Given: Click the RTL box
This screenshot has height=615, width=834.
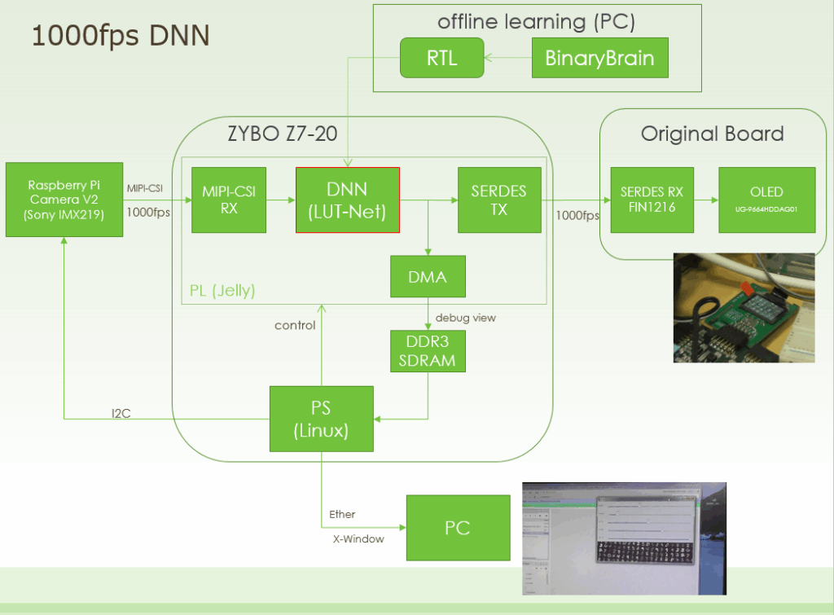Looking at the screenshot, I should pyautogui.click(x=442, y=58).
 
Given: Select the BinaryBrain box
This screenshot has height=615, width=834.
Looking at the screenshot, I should pyautogui.click(x=599, y=58).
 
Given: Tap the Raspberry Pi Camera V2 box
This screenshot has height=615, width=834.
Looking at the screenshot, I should pyautogui.click(x=64, y=200).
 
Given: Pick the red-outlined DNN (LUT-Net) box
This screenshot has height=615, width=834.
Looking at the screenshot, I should pyautogui.click(x=347, y=200).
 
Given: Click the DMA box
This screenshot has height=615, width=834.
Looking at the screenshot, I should pyautogui.click(x=428, y=277).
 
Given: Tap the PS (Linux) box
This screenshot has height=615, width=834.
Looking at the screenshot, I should pyautogui.click(x=321, y=419).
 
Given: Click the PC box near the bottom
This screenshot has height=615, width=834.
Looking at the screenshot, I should pyautogui.click(x=457, y=528).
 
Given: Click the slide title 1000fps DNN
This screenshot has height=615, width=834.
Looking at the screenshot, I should pyautogui.click(x=120, y=35).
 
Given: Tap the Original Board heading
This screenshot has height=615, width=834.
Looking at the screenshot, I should pyautogui.click(x=712, y=134).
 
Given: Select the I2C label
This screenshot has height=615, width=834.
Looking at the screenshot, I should pyautogui.click(x=121, y=414).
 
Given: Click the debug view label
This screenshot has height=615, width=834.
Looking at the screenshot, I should pyautogui.click(x=465, y=318).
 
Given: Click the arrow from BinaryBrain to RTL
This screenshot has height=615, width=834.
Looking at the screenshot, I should pyautogui.click(x=507, y=58).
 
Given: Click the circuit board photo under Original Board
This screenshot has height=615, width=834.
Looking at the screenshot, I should pyautogui.click(x=743, y=308).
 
